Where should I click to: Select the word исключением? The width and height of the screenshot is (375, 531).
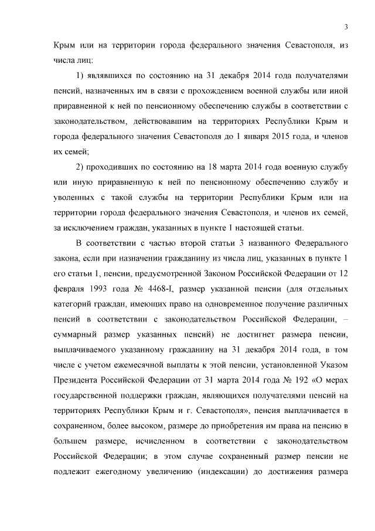[90, 228]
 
